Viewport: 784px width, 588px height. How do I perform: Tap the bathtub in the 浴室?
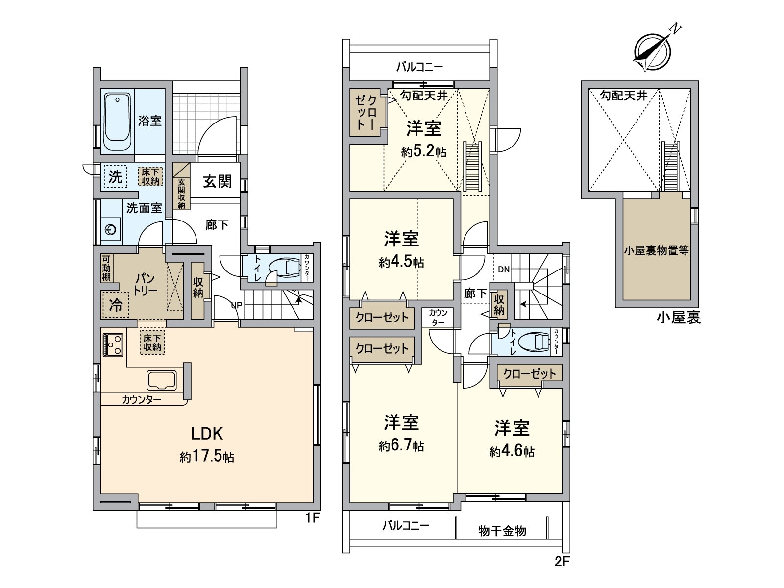click(x=117, y=121)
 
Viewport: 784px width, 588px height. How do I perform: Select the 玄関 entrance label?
click(x=217, y=182)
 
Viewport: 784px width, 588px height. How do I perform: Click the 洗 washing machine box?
click(x=115, y=176)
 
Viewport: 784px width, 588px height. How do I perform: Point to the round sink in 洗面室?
click(x=111, y=229)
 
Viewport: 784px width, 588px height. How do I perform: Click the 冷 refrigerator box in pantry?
click(x=116, y=306)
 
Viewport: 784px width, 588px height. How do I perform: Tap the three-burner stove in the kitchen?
click(x=114, y=344)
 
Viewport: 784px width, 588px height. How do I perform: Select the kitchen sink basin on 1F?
click(x=162, y=380)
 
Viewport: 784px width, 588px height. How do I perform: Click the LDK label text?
click(x=207, y=434)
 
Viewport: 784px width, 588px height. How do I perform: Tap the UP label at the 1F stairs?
click(x=237, y=305)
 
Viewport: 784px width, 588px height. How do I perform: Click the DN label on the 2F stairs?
click(x=503, y=269)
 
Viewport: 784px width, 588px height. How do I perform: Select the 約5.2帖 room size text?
click(x=424, y=152)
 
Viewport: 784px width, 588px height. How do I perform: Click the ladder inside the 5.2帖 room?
click(x=473, y=166)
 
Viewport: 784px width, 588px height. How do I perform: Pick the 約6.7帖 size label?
click(x=401, y=446)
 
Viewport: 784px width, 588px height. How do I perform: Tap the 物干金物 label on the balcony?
click(x=502, y=531)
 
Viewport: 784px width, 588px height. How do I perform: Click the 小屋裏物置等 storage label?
click(x=657, y=251)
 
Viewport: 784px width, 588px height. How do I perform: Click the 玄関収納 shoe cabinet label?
click(x=181, y=193)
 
